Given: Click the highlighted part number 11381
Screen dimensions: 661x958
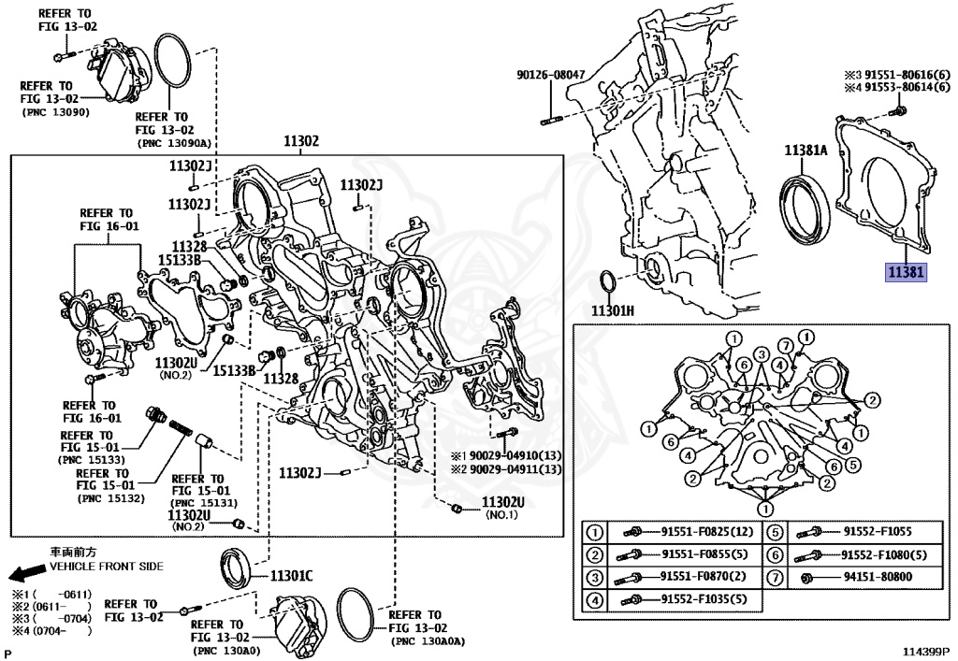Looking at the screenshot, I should point(906,273).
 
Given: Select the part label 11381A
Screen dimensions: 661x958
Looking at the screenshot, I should point(806,150).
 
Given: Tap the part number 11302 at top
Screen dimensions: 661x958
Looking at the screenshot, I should point(301,141).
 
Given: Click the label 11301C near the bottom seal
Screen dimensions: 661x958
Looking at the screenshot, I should point(292,575).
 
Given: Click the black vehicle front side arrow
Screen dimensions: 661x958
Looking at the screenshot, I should point(23,573).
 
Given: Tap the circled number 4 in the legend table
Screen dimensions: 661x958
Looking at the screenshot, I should point(594,599).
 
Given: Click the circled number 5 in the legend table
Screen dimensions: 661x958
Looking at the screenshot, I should point(776,533).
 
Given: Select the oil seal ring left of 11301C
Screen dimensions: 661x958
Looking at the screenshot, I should point(235,567).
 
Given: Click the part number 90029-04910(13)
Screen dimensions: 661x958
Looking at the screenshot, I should point(515,454).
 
